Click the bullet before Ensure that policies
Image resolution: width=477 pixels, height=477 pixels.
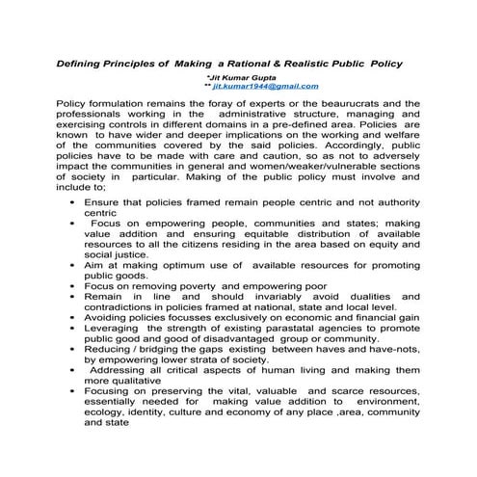point(73,204)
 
